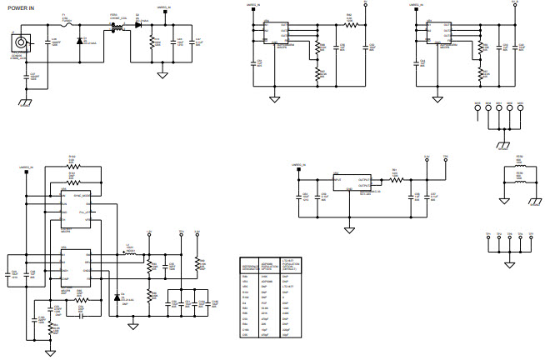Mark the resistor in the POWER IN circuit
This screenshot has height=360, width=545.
coord(152,42)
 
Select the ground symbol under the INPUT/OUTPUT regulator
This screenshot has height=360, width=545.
coord(348,229)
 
